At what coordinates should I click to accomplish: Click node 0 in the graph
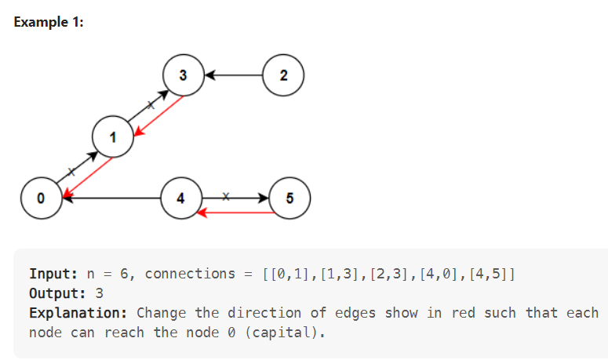click(x=40, y=198)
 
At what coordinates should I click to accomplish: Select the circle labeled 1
click(x=112, y=138)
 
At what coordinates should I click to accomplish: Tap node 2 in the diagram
click(x=283, y=75)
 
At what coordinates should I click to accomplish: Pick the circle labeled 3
click(x=183, y=75)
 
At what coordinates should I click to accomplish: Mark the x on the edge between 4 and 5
click(x=226, y=195)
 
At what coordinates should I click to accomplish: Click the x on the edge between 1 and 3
click(x=151, y=104)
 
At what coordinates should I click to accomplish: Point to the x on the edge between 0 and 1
click(x=71, y=170)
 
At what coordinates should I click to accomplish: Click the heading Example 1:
click(x=49, y=22)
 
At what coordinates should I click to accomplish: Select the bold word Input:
click(x=52, y=274)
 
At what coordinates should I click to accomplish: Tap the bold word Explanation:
click(x=78, y=313)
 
